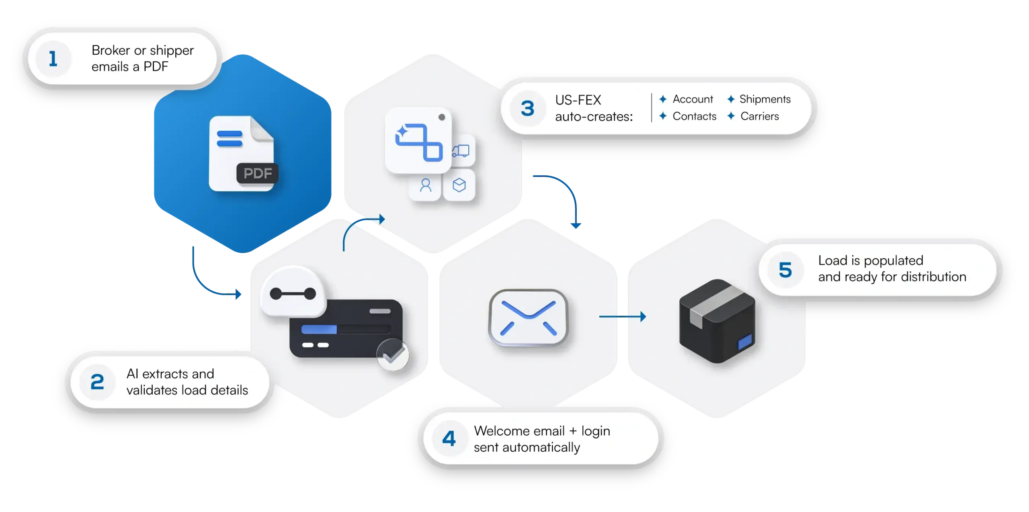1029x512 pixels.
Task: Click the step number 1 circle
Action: pyautogui.click(x=53, y=59)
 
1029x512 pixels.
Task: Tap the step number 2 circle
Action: pyautogui.click(x=97, y=382)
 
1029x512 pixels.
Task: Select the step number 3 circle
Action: pyautogui.click(x=527, y=108)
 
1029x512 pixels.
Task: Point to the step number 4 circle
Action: pyautogui.click(x=449, y=439)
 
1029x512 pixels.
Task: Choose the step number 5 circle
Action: pyautogui.click(x=785, y=270)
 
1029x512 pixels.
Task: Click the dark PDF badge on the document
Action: pyautogui.click(x=257, y=173)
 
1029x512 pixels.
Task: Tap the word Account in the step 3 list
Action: pyautogui.click(x=693, y=99)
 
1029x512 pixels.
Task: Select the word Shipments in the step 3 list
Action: pyautogui.click(x=765, y=99)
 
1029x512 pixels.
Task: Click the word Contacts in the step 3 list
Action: pyautogui.click(x=694, y=116)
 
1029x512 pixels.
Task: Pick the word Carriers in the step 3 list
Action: pyautogui.click(x=760, y=116)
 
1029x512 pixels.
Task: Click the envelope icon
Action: pyautogui.click(x=528, y=317)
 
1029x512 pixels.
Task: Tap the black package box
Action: pyautogui.click(x=717, y=321)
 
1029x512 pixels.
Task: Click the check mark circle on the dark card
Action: pyautogui.click(x=393, y=355)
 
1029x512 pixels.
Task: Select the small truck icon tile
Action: pyautogui.click(x=461, y=151)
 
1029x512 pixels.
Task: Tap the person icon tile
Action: pyautogui.click(x=425, y=185)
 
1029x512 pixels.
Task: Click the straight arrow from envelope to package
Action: pyautogui.click(x=622, y=317)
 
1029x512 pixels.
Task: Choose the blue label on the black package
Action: pyautogui.click(x=745, y=341)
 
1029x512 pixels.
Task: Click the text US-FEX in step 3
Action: pyautogui.click(x=578, y=100)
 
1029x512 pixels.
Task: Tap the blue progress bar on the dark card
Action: pyautogui.click(x=319, y=330)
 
